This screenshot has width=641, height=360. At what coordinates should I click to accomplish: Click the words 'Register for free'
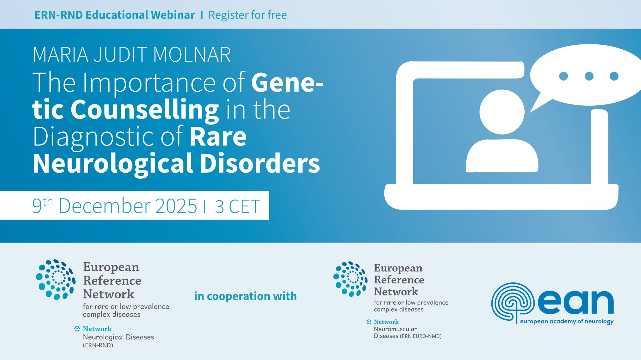point(248,15)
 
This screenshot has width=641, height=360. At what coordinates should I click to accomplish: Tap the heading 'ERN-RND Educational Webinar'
point(115,15)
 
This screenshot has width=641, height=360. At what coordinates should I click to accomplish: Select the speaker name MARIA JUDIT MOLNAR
point(132,55)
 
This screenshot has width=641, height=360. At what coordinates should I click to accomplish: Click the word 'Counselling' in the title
point(145,109)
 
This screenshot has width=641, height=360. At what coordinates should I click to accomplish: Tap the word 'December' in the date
point(105,206)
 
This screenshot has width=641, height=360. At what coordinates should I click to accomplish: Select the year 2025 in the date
point(176,206)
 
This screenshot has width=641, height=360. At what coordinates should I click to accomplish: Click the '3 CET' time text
point(237,207)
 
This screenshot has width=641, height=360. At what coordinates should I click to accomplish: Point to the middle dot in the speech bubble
point(589,76)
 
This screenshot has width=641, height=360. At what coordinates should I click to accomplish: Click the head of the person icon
point(502,112)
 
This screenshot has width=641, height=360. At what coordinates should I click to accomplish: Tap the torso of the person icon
point(502,156)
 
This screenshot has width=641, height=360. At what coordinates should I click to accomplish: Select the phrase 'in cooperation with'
point(245,296)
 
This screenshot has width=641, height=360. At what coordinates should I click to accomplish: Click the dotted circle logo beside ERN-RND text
point(55,279)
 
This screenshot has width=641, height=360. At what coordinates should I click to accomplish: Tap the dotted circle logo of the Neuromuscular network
point(350,279)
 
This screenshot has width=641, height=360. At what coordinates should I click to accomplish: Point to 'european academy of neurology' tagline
point(567,321)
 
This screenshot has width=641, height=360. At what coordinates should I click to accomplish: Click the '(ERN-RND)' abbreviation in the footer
point(98,346)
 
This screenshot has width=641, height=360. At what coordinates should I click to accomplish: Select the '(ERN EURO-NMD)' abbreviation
point(421,337)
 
